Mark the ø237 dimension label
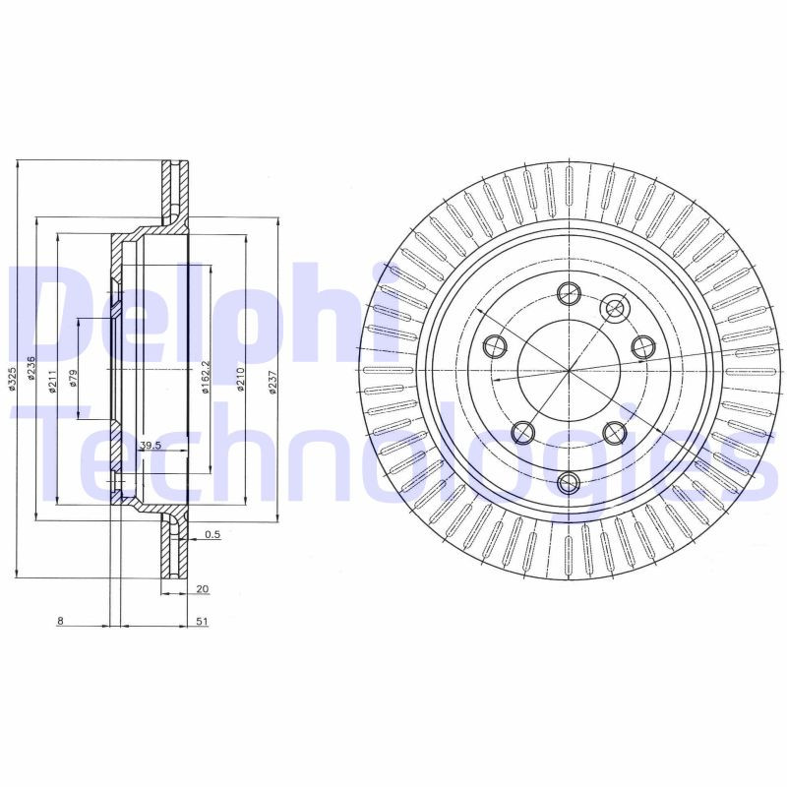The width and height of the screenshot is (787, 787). point(272,381)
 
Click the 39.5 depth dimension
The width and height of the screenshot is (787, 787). point(149,446)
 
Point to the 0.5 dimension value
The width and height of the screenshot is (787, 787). point(212,535)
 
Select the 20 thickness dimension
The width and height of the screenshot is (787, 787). point(203,588)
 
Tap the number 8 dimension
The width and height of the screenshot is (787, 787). point(60,621)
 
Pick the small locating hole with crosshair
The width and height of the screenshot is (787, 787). point(616,309)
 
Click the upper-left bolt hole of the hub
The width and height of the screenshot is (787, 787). point(495,345)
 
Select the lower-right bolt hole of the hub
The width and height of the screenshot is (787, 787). point(615,431)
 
